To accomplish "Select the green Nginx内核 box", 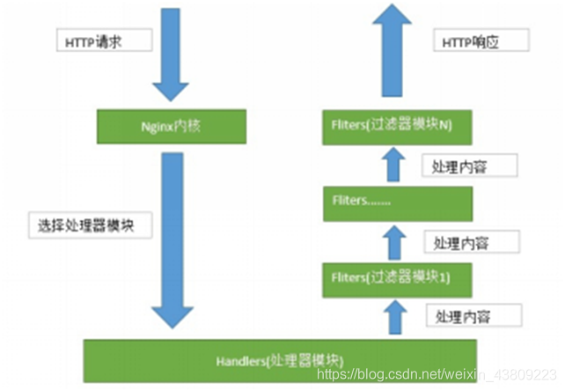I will (x=173, y=125).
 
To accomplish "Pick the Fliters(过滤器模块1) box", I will (x=396, y=279).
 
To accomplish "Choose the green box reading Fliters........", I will (x=396, y=203).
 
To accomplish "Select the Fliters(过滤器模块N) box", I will (x=396, y=127).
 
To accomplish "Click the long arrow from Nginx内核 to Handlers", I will (x=173, y=238).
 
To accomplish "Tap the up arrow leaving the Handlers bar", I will (x=396, y=317).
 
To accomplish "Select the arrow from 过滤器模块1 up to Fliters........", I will (x=396, y=241).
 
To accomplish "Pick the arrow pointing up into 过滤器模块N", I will (x=396, y=165).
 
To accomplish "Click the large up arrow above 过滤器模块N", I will (x=396, y=48).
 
